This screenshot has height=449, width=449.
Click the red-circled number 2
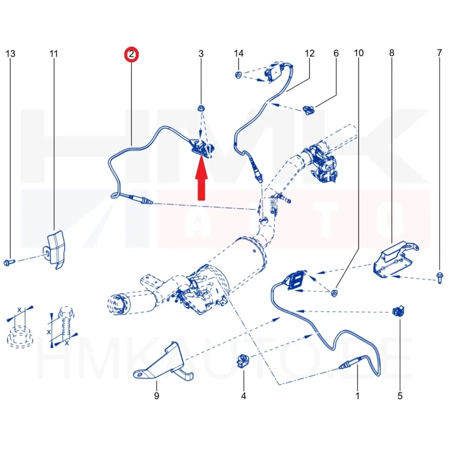131,54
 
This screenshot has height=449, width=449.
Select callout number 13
10,53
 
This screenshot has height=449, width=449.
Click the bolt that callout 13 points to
9,262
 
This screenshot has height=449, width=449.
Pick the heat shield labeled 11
55,249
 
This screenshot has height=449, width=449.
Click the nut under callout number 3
201,108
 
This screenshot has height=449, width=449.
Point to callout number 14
239,53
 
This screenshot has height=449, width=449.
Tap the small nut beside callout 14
238,75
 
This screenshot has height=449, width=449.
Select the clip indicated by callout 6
308,109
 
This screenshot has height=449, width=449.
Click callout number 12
310,53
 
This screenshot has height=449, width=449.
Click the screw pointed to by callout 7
439,278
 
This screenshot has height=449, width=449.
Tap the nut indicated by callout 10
334,293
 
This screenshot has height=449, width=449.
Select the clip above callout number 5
398,311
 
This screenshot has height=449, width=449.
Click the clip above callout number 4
243,361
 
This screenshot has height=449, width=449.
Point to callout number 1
358,396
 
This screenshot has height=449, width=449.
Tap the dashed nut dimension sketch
20,327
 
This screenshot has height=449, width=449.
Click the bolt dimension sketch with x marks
63,327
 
